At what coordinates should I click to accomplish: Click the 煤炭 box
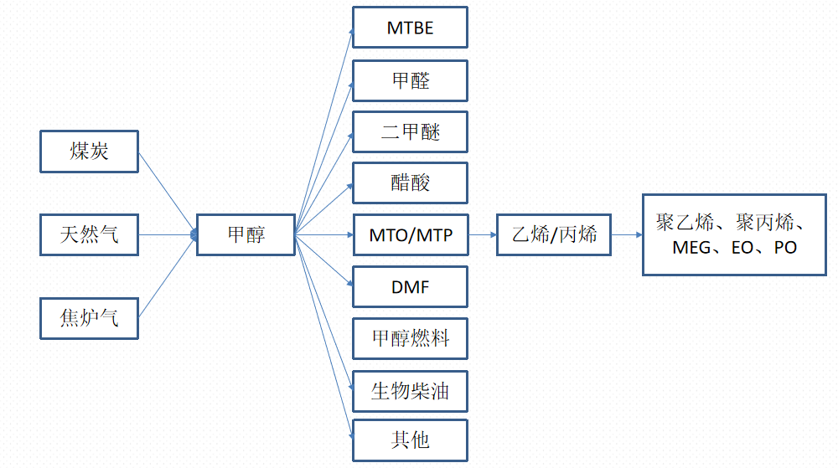[x=90, y=152]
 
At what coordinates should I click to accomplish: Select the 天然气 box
[x=90, y=234]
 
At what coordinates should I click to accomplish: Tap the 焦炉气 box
[x=90, y=318]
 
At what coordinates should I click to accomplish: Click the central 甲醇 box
[x=246, y=234]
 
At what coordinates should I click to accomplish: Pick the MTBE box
[x=410, y=28]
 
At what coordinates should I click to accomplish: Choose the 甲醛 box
[x=410, y=80]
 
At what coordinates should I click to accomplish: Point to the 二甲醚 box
[x=410, y=131]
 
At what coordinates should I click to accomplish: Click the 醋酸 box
[x=410, y=183]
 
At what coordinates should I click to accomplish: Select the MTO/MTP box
[x=410, y=235]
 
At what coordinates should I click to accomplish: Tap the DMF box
[x=410, y=287]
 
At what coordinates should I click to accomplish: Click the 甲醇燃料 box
[x=410, y=338]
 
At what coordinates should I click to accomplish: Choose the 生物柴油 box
[x=410, y=390]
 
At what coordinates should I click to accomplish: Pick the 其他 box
[x=410, y=440]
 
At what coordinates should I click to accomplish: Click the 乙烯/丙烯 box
[x=554, y=234]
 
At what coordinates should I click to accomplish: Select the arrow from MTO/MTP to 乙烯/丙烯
[x=482, y=234]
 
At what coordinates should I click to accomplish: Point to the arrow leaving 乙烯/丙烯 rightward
[x=627, y=234]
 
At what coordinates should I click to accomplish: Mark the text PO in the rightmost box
[x=785, y=248]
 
